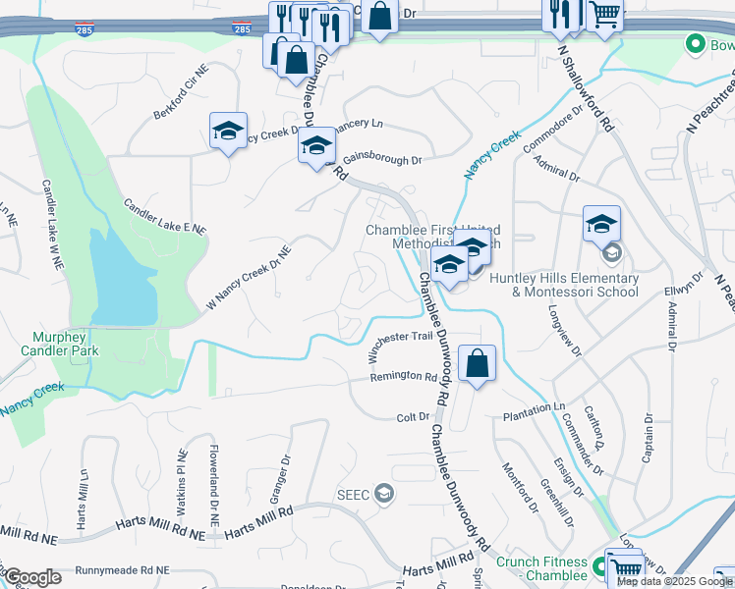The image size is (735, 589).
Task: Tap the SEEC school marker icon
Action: coord(385,494)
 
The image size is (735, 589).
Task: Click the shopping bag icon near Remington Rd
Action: coord(477,363)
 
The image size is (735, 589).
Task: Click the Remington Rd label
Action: coord(403,377)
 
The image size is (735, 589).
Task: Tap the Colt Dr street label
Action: coord(413,417)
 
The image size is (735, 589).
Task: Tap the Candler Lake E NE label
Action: coord(164,217)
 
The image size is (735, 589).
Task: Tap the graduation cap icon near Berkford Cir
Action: coord(228,131)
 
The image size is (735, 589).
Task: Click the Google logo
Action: coord(32,577)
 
